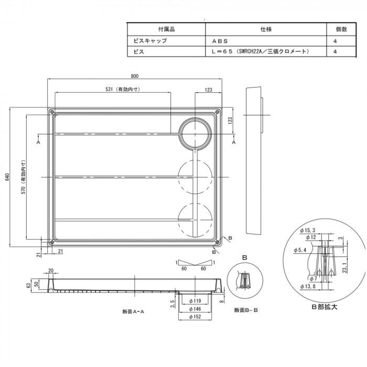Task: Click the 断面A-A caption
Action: click(133, 311)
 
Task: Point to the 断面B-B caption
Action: click(247, 310)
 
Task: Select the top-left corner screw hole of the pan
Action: click(51, 112)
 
